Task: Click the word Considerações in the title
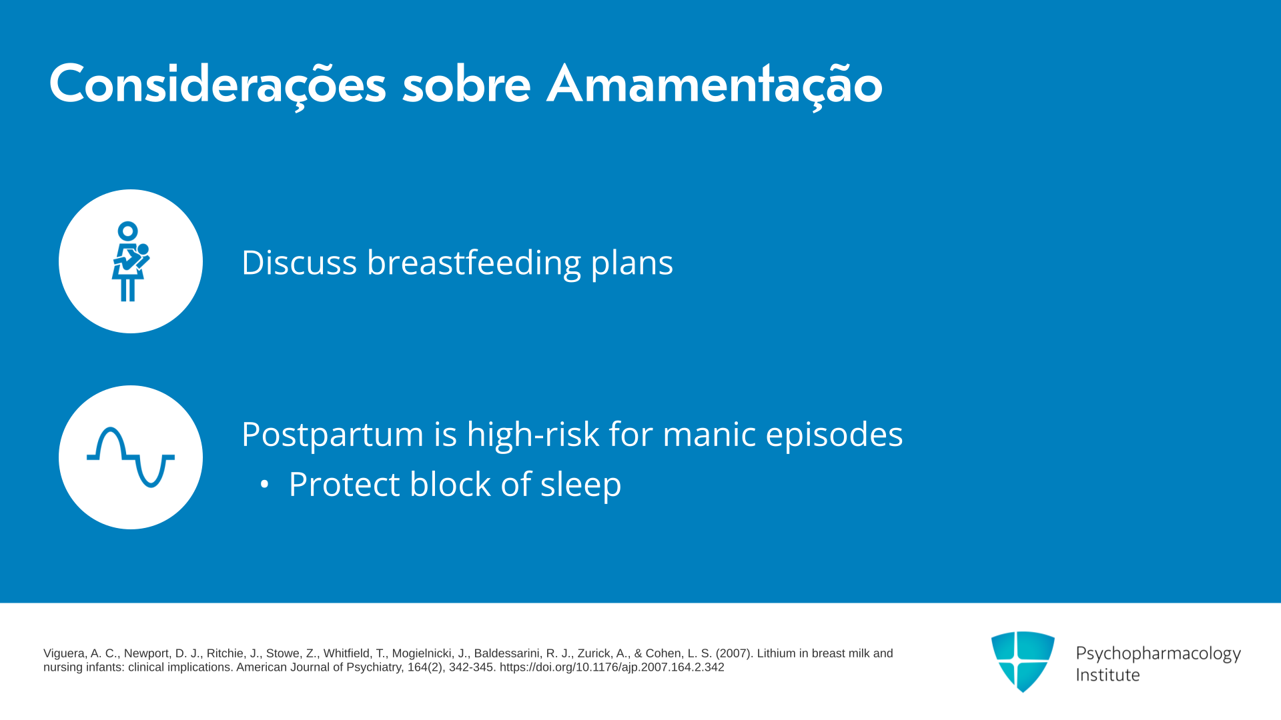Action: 218,85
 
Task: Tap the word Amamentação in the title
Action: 715,85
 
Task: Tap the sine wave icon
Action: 131,457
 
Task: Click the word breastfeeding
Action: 474,262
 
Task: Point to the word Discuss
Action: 299,262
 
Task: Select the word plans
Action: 632,263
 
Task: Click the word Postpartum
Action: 332,435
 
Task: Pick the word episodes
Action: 834,435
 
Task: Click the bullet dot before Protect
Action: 265,485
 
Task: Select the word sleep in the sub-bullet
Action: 580,485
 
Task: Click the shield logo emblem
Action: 1023,661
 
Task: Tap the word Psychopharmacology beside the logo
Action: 1158,653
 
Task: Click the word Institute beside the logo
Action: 1108,675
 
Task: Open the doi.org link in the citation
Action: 612,667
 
